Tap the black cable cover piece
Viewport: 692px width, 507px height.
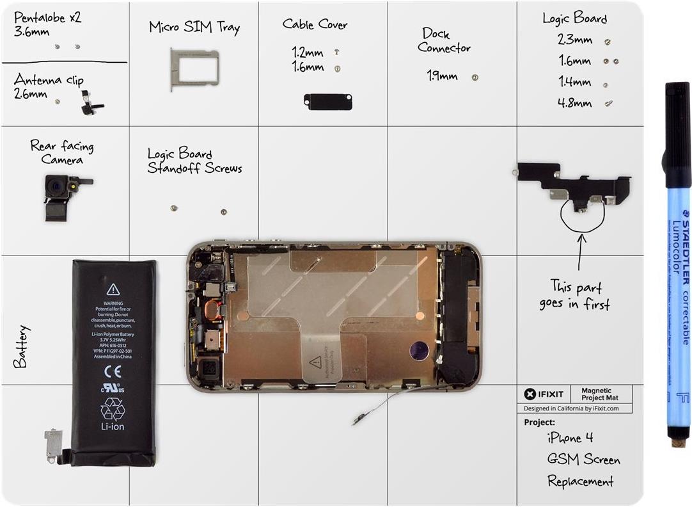pyautogui.click(x=328, y=101)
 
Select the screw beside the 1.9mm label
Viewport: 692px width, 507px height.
pyautogui.click(x=475, y=77)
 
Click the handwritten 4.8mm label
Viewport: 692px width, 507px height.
pyautogui.click(x=574, y=102)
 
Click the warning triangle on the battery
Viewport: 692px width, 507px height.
pyautogui.click(x=113, y=289)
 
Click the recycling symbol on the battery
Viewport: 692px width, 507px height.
pyautogui.click(x=113, y=408)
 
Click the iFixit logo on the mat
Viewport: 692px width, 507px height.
pyautogui.click(x=544, y=394)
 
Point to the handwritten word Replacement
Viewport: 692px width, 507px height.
pyautogui.click(x=580, y=481)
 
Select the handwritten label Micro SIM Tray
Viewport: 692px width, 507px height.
pyautogui.click(x=194, y=28)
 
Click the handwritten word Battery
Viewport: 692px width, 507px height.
pyautogui.click(x=20, y=346)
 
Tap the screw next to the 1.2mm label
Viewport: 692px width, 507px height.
pyautogui.click(x=336, y=52)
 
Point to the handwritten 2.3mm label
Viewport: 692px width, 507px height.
pyautogui.click(x=574, y=40)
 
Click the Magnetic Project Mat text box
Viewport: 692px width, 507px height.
pyautogui.click(x=596, y=394)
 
